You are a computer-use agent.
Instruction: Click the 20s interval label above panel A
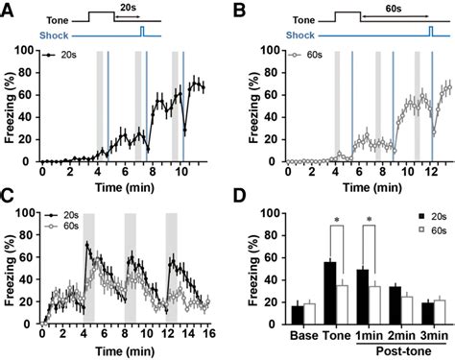(x=128, y=8)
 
